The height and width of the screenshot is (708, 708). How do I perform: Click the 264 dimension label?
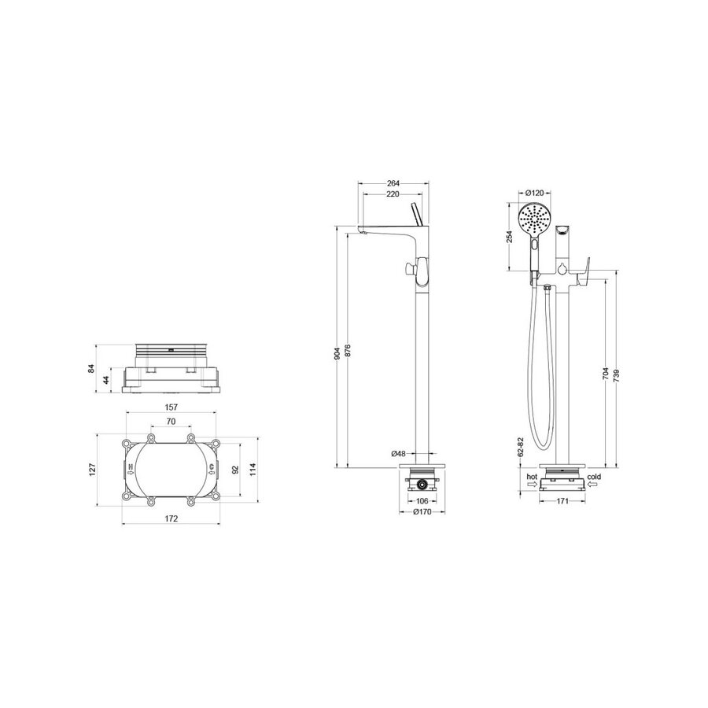point(393,183)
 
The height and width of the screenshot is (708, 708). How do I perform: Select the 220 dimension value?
point(393,194)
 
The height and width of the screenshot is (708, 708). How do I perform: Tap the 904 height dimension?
point(337,353)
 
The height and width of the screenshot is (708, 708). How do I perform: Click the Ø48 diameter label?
point(399,453)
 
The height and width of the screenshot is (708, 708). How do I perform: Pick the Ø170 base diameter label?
point(422,512)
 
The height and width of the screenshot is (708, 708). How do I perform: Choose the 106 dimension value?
point(422,501)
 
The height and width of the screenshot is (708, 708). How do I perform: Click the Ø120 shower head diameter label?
point(535,194)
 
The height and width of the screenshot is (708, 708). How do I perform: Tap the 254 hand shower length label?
point(510,237)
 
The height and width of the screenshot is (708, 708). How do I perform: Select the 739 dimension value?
point(616,376)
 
